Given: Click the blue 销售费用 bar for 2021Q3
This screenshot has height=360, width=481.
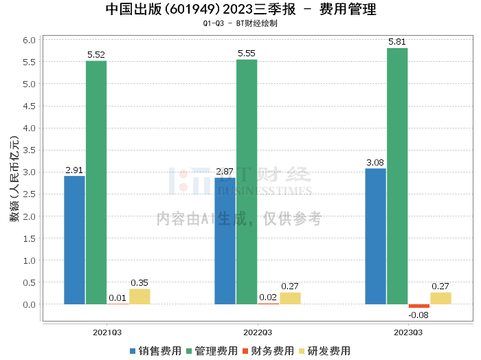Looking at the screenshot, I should [x=74, y=240].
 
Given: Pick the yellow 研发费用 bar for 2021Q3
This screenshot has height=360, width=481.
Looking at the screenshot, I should [x=139, y=297].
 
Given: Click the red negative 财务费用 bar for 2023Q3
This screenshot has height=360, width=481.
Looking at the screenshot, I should [x=418, y=306].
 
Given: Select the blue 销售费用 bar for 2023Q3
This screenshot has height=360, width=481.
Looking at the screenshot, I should [x=375, y=236].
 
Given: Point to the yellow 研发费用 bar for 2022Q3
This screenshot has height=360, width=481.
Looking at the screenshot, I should [x=290, y=298].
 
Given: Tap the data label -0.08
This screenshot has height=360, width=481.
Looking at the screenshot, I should [x=418, y=315].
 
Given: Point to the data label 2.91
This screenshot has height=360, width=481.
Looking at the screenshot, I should [x=74, y=170].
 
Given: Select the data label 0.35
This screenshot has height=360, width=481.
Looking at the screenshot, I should [x=139, y=282].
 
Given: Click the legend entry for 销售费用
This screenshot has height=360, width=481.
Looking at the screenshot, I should [x=155, y=351].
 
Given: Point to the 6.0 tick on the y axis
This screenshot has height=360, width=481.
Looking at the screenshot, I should [x=29, y=41].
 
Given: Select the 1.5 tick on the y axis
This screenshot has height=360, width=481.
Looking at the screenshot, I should [x=29, y=238].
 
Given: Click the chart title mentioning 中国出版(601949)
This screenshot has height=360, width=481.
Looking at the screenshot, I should [x=240, y=10].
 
